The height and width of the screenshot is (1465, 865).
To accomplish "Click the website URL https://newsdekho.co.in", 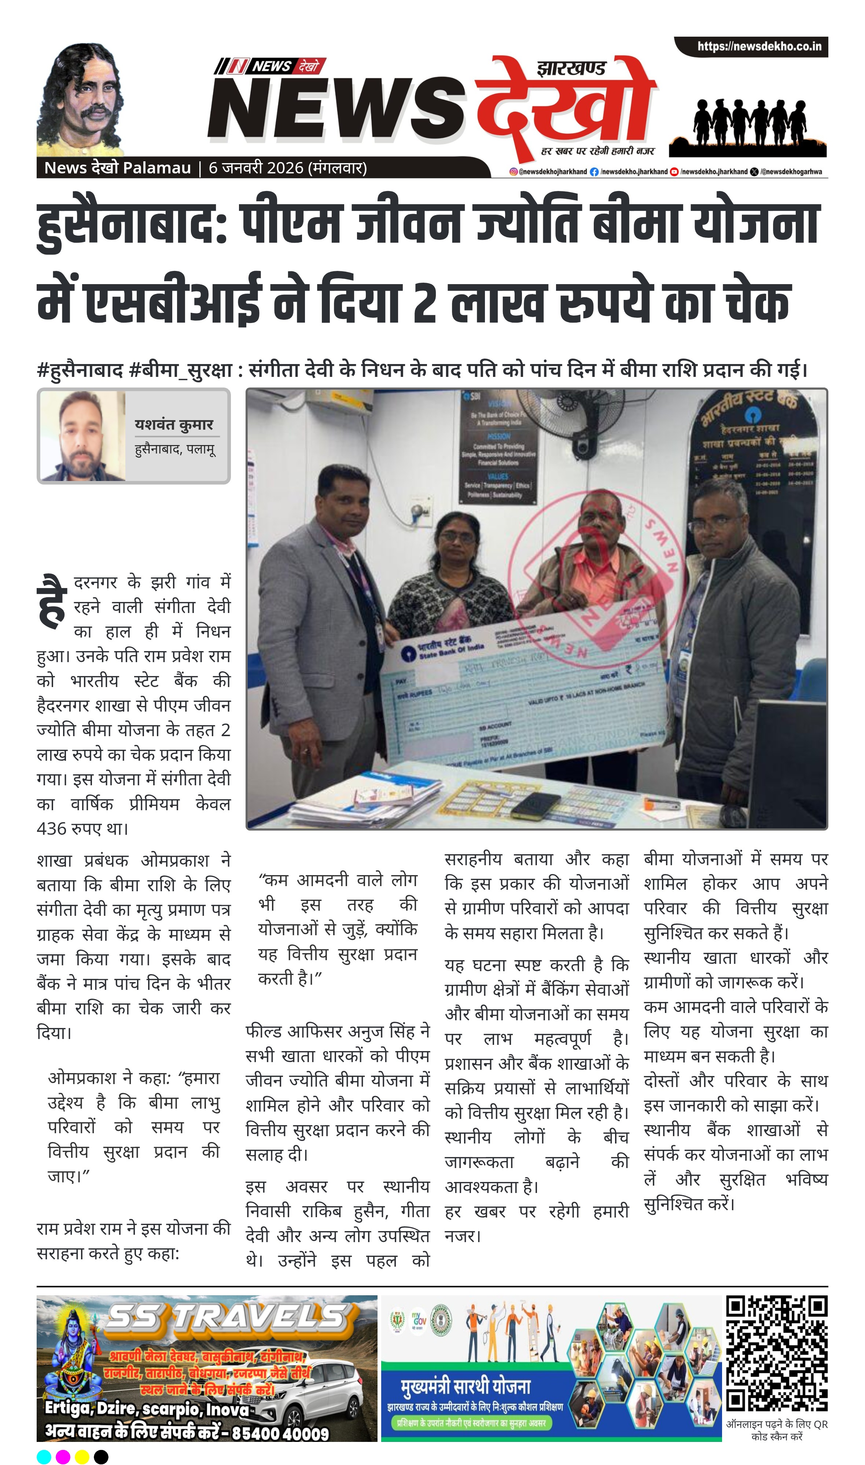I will pyautogui.click(x=759, y=47).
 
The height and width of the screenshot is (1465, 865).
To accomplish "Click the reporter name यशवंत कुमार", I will pyautogui.click(x=174, y=425).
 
